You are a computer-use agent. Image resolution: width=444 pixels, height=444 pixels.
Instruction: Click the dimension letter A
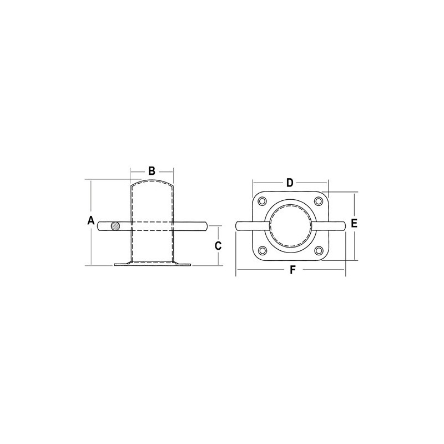90,220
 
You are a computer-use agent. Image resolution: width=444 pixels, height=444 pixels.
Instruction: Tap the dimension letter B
152,171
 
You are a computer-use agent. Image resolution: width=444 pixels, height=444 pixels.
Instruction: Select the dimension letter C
218,246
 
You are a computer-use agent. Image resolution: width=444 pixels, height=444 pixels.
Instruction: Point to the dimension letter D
289,183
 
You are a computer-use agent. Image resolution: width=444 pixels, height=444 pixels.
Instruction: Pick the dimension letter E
354,223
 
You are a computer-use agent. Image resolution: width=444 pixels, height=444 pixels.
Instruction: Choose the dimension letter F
292,270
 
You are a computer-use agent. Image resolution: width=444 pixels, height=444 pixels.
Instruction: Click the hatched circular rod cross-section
115,226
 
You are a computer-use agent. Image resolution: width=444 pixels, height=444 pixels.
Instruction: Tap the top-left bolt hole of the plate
263,201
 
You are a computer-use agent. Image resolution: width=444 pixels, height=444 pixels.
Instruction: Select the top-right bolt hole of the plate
319,201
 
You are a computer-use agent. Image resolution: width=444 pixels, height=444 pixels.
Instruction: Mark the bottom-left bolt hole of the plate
263,251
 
